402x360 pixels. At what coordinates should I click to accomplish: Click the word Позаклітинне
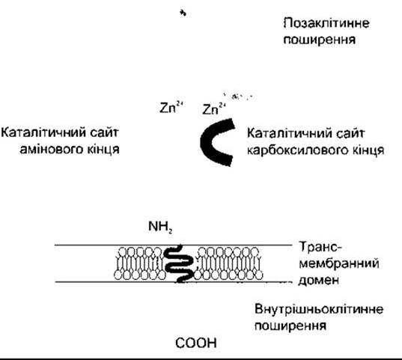tap(326, 23)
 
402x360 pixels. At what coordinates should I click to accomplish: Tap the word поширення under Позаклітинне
tap(320, 40)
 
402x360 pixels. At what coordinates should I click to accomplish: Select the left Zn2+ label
tap(171, 108)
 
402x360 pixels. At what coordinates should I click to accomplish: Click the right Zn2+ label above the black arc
tap(214, 109)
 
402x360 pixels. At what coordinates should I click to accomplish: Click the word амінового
tap(51, 150)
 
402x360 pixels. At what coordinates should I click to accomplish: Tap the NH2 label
tap(160, 227)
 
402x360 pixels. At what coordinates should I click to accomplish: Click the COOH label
tap(196, 343)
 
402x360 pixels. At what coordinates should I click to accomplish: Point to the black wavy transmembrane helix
tap(179, 263)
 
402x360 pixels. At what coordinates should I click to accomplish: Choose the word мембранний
tap(339, 263)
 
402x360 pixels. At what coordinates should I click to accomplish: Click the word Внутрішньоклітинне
tap(319, 309)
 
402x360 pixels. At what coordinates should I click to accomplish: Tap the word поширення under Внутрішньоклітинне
tap(290, 326)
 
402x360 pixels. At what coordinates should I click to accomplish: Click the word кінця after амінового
tap(103, 150)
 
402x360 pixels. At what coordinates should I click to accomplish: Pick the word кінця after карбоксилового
tap(367, 150)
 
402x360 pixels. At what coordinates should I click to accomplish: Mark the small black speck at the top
tap(183, 13)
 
